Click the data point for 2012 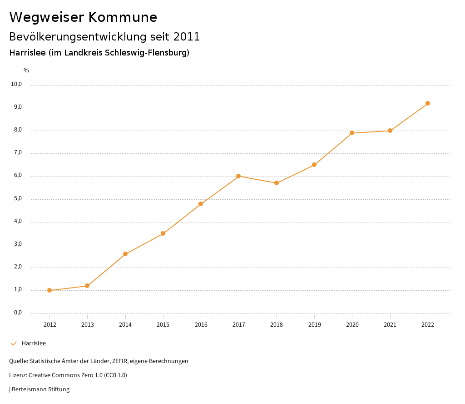[x=49, y=290]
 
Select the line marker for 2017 [x=238, y=176]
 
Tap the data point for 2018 [x=277, y=183]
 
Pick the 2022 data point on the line [x=428, y=103]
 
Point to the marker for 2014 [x=125, y=254]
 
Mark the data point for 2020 [x=352, y=133]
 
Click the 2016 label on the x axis [x=201, y=324]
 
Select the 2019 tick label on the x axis [x=314, y=324]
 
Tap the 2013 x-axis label [x=88, y=324]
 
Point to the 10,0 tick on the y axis [x=17, y=84]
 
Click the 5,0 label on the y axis [x=18, y=198]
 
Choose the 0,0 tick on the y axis [x=18, y=313]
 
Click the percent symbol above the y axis [x=26, y=71]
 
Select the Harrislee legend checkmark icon [x=14, y=343]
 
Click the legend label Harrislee [x=34, y=343]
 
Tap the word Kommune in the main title [x=123, y=17]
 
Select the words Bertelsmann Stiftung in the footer [x=40, y=389]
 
